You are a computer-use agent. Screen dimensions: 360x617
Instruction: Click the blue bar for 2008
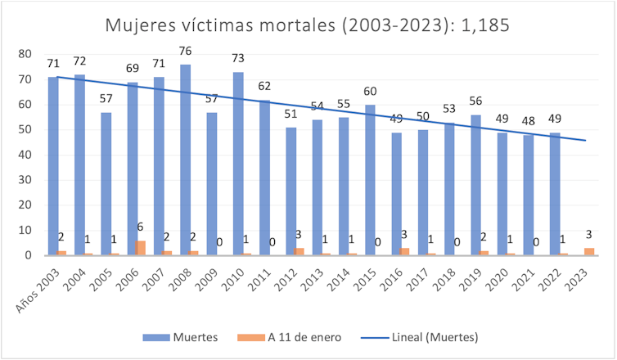point(185,160)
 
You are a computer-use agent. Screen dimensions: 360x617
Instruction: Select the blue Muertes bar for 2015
point(370,180)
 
